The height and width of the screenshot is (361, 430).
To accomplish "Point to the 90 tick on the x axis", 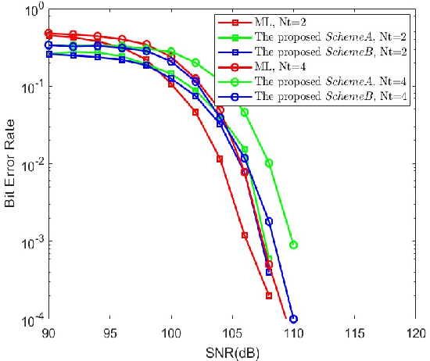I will (48, 332).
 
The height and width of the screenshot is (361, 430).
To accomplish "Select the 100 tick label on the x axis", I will (171, 332).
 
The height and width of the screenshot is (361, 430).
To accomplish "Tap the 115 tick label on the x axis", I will (355, 332).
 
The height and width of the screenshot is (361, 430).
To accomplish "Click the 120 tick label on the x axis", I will (415, 332).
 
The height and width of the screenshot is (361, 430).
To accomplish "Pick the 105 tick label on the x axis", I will (232, 332).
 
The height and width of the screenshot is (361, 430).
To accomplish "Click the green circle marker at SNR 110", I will (294, 245).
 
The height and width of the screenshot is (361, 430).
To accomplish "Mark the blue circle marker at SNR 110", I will (294, 319).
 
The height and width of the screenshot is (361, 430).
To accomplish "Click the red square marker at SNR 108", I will (269, 295).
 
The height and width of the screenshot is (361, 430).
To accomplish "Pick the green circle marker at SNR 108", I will (269, 163).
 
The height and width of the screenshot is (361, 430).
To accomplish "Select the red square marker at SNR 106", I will (245, 235).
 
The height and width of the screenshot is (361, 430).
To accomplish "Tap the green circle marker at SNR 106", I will (245, 112).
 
